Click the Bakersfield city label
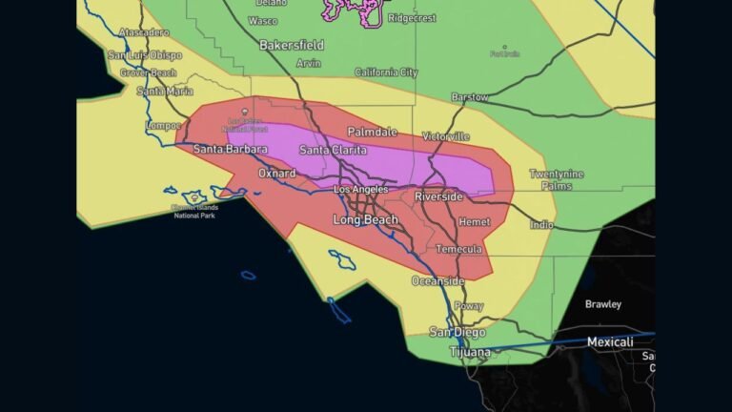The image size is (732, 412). pos(292,45)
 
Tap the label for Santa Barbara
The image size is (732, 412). pos(230,149)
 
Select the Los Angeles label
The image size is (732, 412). pos(361,190)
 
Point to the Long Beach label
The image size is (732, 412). pos(365,220)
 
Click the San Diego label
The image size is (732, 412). pos(457,332)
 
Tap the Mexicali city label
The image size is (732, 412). pos(610,341)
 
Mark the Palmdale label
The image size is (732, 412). pos(372,131)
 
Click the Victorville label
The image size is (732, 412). pos(445,136)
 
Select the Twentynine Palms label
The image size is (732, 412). pos(557,179)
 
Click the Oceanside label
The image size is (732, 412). pos(437,281)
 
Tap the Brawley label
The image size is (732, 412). pos(602,304)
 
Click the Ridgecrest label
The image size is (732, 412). pos(411,17)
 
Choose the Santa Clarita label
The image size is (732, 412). pos(333,150)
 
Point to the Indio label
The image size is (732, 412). pos(541,225)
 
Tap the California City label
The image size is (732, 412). pos(386,72)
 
